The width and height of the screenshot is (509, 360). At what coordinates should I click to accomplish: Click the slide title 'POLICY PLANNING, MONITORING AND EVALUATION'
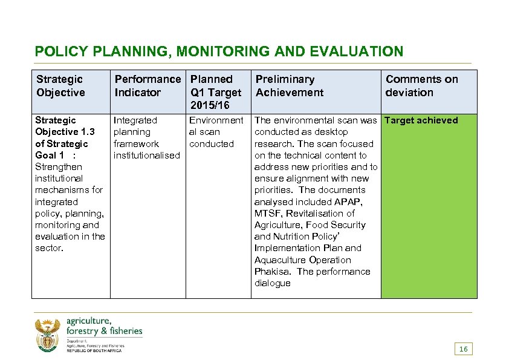point(219,51)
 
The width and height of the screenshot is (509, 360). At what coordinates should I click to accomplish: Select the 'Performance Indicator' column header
point(147,85)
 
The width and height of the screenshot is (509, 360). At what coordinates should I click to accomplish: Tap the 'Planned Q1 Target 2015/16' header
point(215,92)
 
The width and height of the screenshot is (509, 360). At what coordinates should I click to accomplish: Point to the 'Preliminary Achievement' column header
point(289,85)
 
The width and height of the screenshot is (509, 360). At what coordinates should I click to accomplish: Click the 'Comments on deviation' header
point(421,85)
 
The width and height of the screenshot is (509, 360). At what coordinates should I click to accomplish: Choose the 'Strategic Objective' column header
point(60,85)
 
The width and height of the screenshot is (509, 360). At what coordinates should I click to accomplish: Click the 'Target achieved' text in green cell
point(421,120)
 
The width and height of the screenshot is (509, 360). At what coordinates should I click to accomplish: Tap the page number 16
point(464,349)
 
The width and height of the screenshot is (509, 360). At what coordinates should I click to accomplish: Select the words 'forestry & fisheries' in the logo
point(104,330)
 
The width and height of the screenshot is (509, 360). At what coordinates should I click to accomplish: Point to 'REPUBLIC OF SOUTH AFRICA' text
point(94,351)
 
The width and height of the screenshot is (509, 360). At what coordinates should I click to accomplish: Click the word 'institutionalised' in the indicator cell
point(147,155)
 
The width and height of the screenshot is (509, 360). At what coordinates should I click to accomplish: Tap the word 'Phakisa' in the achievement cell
point(273,272)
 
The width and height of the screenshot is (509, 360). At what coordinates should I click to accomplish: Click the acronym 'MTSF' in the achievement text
point(268,214)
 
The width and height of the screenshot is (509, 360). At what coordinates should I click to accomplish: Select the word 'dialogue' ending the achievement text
point(272,283)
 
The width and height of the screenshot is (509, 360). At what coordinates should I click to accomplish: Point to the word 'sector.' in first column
point(49,248)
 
